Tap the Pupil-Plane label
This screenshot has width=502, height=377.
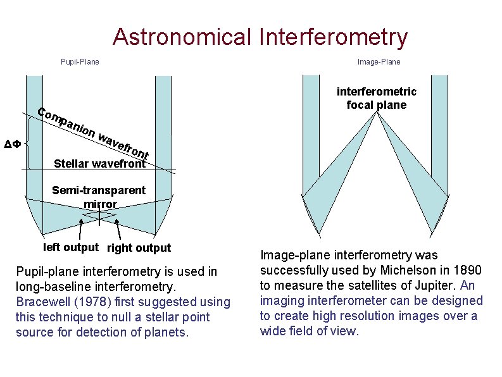click(79, 62)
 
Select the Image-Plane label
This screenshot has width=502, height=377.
click(379, 62)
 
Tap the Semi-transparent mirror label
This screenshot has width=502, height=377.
click(99, 197)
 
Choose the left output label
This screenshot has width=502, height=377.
click(70, 247)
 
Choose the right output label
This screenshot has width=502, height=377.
click(139, 248)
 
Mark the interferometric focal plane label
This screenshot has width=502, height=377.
click(376, 98)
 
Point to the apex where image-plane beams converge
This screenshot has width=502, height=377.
click(376, 113)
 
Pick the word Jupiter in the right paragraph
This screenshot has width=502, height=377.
click(432, 286)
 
